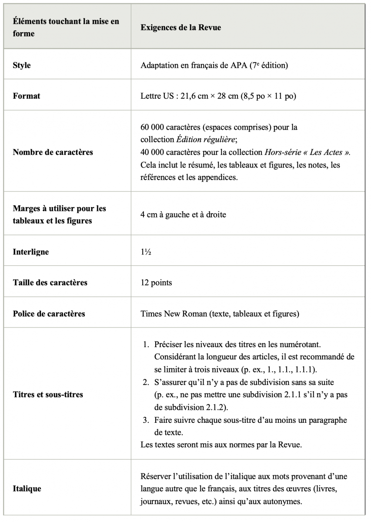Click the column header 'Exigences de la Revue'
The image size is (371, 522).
point(180,27)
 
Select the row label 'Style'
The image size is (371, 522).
point(22,66)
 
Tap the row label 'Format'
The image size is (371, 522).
point(26,96)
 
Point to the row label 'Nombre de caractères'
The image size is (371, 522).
point(53,152)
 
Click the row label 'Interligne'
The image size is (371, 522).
point(31,252)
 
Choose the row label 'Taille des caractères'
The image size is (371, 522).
point(50,283)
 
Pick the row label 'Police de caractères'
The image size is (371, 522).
point(49,314)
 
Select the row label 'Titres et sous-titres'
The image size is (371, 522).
point(48,395)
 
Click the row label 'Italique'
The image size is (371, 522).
point(27,489)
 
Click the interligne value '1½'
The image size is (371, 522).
point(146,252)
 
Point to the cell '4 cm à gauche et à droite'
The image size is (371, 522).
point(183,214)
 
